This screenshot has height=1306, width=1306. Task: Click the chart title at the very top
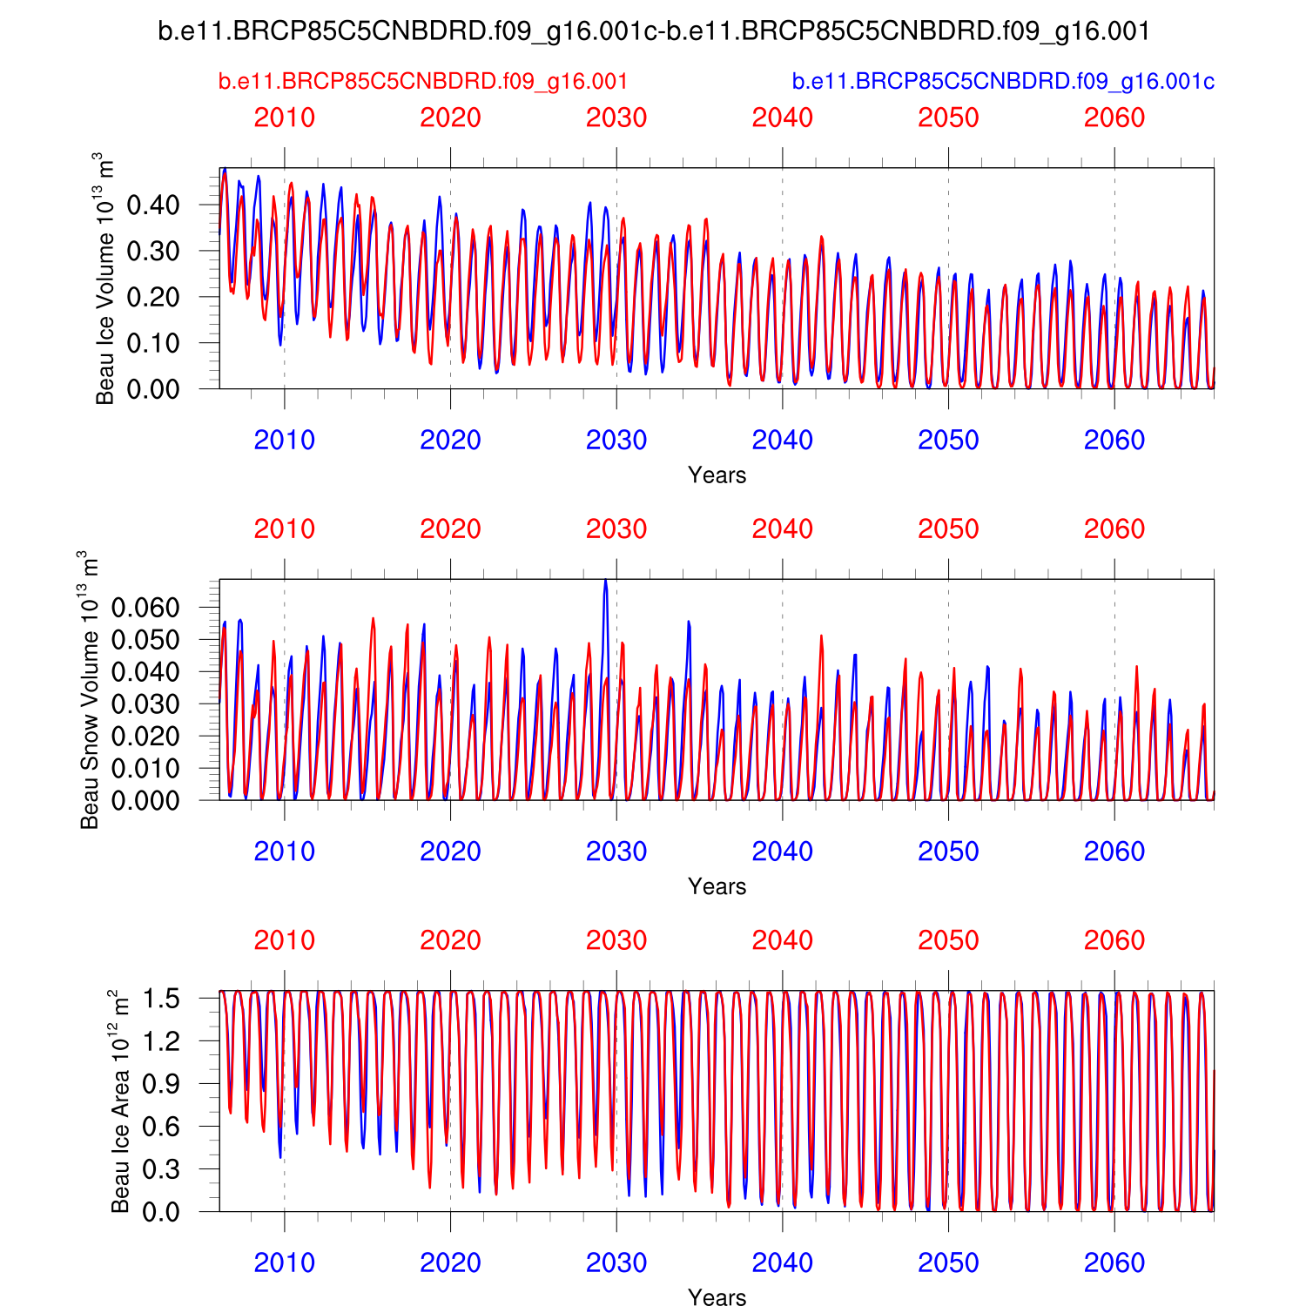[653, 31]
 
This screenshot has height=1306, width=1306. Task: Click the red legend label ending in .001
[423, 82]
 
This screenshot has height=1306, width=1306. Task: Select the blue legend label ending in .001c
[1003, 82]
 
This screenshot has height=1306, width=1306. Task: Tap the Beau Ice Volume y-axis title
[104, 279]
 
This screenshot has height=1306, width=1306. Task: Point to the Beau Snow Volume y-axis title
[89, 690]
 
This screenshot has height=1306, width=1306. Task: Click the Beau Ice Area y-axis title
[120, 1101]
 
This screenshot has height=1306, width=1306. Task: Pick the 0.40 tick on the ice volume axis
[153, 205]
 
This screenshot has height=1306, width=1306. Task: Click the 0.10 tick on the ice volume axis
[153, 344]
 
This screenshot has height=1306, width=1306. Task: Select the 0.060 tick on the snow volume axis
[145, 607]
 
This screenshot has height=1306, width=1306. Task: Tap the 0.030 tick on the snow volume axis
[145, 703]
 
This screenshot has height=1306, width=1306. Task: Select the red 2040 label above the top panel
[782, 118]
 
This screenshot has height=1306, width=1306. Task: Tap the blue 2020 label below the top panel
[450, 441]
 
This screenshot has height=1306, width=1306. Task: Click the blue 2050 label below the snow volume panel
[948, 852]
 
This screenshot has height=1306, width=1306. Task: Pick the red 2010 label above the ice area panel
[284, 940]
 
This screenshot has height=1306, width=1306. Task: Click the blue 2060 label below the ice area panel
[1114, 1262]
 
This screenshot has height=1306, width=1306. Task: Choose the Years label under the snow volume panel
[717, 886]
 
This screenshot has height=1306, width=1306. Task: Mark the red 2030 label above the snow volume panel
[616, 529]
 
